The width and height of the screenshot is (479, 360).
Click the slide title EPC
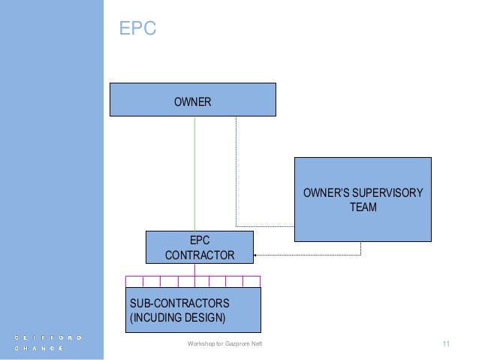(137, 29)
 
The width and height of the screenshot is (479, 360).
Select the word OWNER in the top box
(193, 100)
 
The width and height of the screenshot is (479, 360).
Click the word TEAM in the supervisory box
(363, 207)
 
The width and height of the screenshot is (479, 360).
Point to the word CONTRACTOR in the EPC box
(199, 256)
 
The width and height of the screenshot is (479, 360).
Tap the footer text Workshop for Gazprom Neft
(224, 344)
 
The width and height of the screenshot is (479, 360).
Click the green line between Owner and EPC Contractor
(195, 173)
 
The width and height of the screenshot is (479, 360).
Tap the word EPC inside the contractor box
(200, 241)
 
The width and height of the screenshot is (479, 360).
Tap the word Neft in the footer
(258, 344)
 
